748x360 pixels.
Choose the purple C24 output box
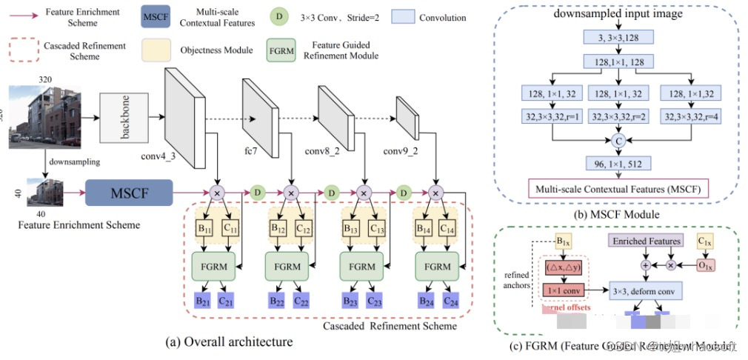[451, 300]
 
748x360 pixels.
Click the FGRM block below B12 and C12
[288, 265]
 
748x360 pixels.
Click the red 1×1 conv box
[564, 290]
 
